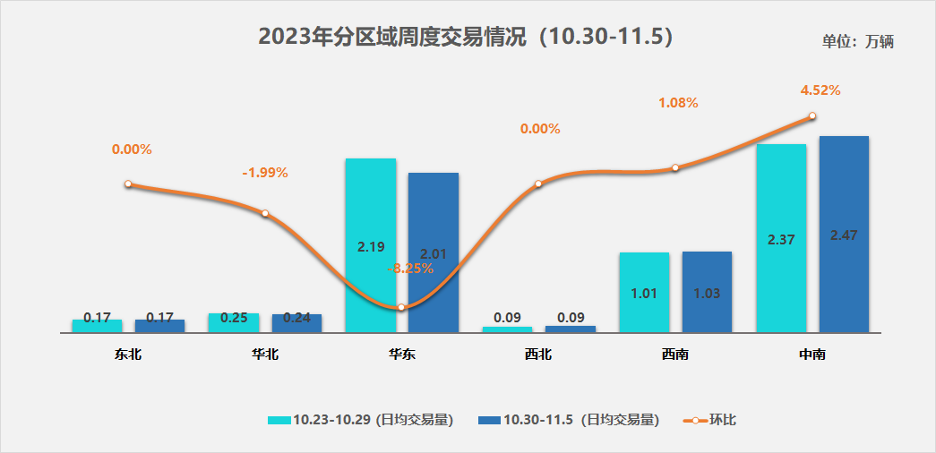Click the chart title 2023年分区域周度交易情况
pos(465,37)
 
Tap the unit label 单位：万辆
pos(858,41)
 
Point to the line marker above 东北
pos(128,184)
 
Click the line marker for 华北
pos(265,213)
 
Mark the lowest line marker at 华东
pos(401,307)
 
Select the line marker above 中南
pos(811,115)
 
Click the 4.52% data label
pos(820,90)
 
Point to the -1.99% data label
pos(265,173)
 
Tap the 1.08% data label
pos(678,103)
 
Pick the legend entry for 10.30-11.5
pos(570,420)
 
